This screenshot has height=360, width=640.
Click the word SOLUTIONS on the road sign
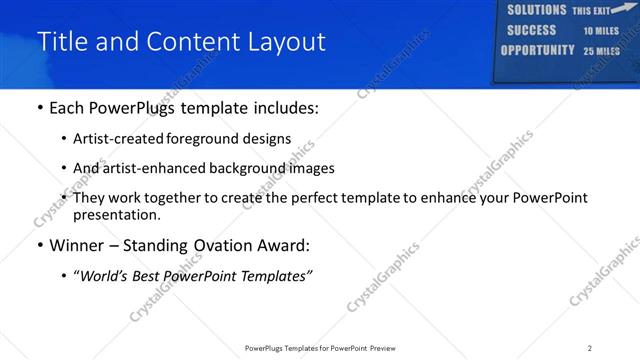[x=536, y=10]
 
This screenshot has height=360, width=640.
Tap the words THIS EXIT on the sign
[x=591, y=11]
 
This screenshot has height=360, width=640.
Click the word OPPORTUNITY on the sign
[x=537, y=50]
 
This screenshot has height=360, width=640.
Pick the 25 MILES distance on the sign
[x=602, y=51]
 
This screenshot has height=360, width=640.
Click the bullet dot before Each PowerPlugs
[x=39, y=108]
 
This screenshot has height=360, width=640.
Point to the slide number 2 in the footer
[x=589, y=348]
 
